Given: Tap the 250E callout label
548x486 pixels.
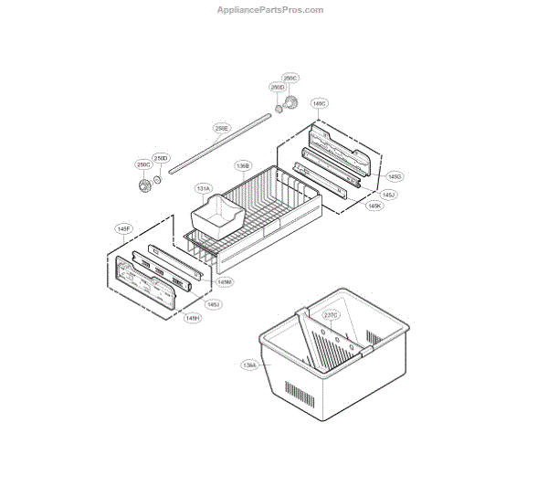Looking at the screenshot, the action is point(222,129).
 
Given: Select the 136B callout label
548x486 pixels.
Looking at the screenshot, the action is point(243,166).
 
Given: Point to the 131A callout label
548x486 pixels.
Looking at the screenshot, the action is point(203,189).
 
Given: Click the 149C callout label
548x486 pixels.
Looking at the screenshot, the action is point(320,103).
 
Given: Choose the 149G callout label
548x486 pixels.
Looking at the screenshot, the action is point(395,175).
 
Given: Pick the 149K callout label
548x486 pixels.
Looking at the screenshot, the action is point(374,206).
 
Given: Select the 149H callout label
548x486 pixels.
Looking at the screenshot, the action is point(193,318).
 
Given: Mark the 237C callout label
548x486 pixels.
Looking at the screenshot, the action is point(331,314).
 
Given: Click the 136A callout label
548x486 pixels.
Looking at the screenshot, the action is point(249,364).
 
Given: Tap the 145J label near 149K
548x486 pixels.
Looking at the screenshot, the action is point(388,195).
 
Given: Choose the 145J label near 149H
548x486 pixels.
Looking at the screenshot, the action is point(213,304).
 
